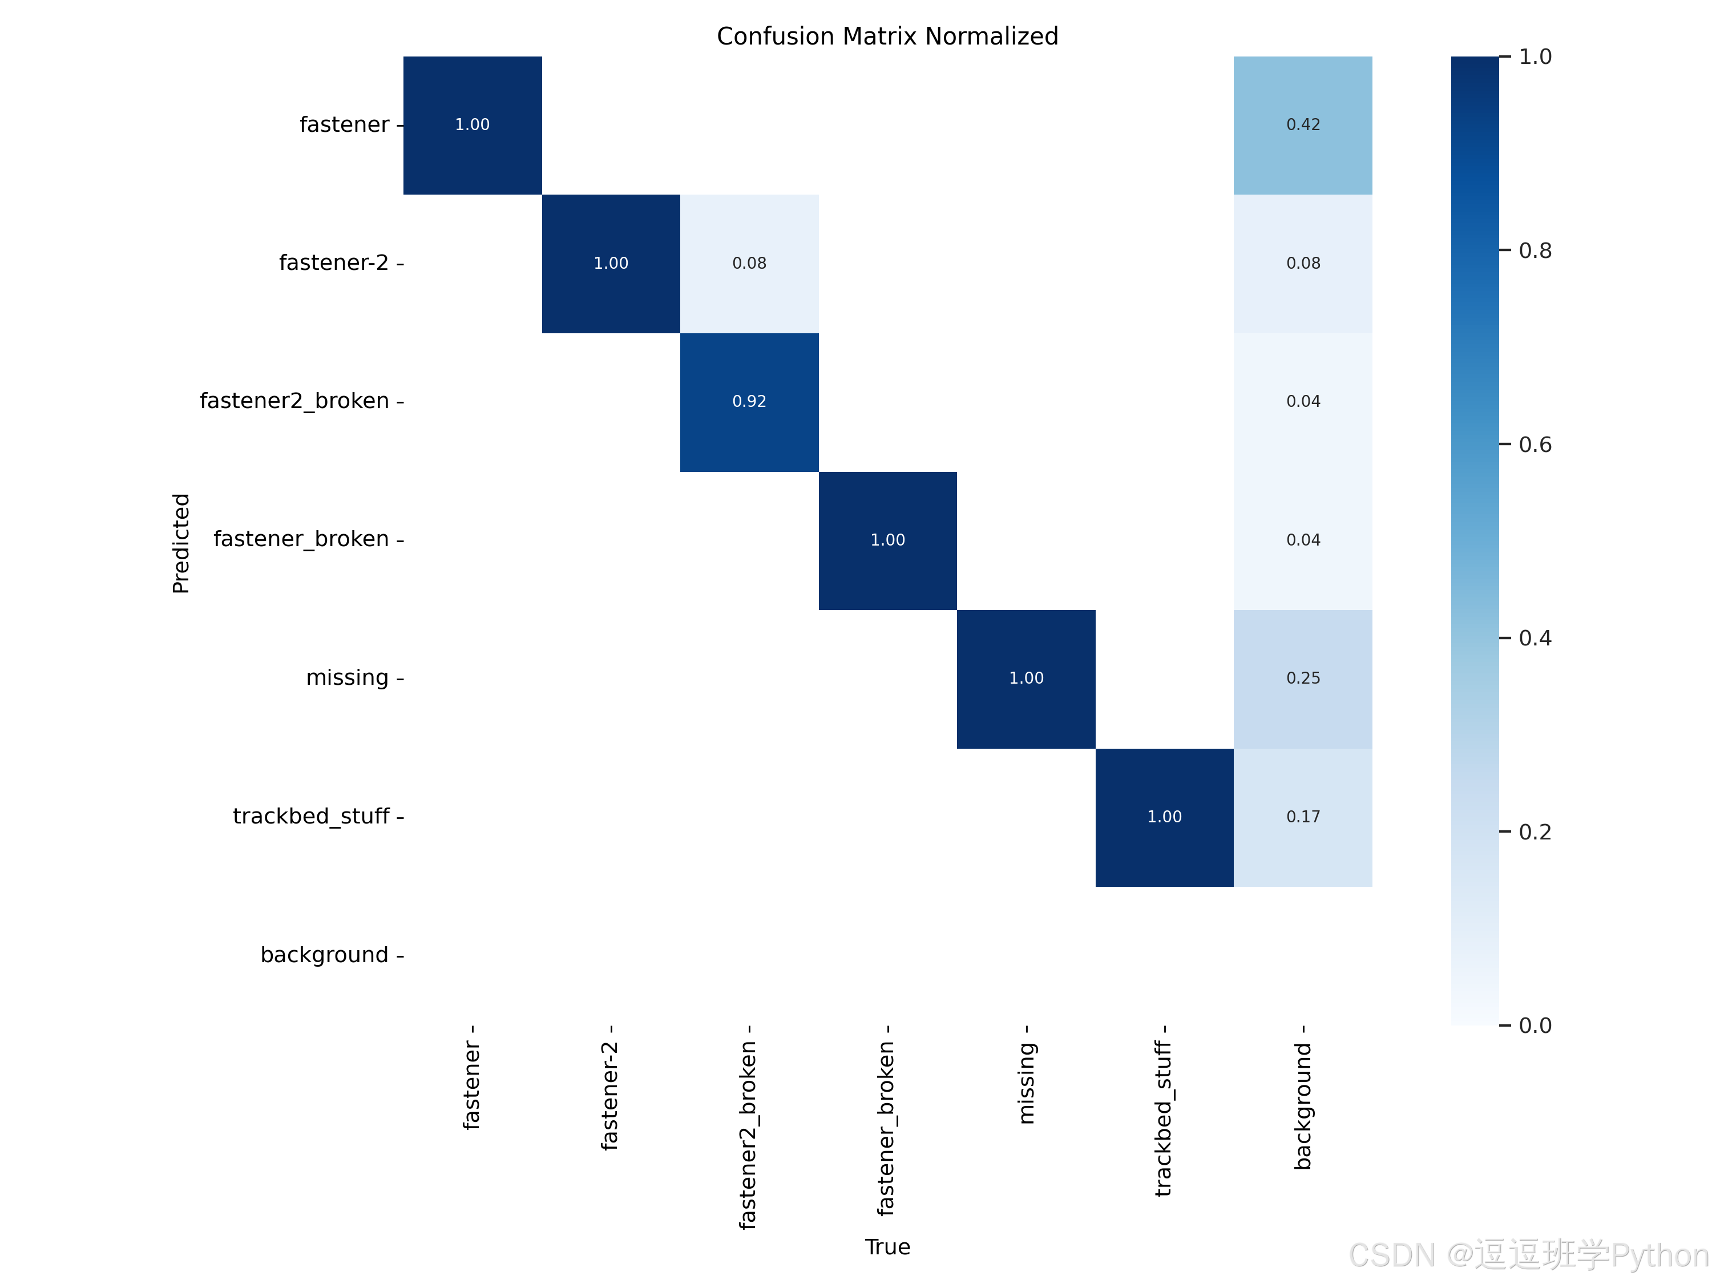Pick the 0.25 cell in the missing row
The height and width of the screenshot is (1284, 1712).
pyautogui.click(x=1303, y=679)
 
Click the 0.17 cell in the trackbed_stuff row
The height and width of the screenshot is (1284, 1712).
pyautogui.click(x=1303, y=817)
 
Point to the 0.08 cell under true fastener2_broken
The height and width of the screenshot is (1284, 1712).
pyautogui.click(x=749, y=264)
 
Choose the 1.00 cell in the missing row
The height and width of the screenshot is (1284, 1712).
pyautogui.click(x=1026, y=679)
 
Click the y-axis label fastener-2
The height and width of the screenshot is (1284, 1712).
pyautogui.click(x=334, y=263)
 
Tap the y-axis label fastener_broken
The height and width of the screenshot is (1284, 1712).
pyautogui.click(x=301, y=539)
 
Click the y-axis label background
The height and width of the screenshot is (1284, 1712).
pyautogui.click(x=324, y=955)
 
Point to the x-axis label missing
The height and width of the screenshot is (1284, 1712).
pyautogui.click(x=1026, y=1083)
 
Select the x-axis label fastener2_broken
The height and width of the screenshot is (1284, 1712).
pyautogui.click(x=748, y=1134)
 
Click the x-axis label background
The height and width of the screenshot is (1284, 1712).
pyautogui.click(x=1303, y=1106)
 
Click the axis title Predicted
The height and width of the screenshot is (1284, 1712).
pyautogui.click(x=180, y=543)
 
